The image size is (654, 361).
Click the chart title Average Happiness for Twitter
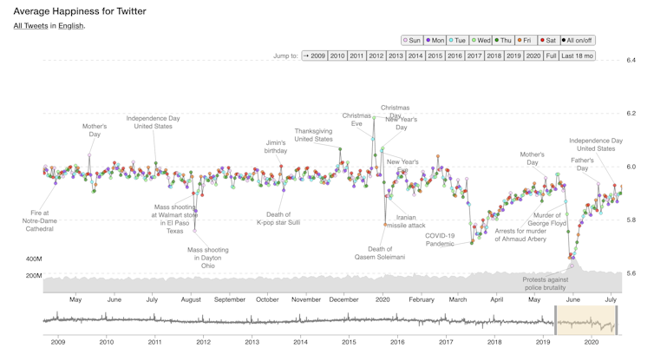pos(80,11)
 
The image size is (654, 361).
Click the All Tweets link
pos(30,26)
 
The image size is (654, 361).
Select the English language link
pos(70,26)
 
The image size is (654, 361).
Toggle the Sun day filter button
pos(412,40)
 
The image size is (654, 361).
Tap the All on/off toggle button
pos(579,40)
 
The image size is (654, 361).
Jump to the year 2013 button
pos(396,56)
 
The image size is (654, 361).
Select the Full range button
pos(551,56)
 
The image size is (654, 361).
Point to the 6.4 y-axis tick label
pos(631,60)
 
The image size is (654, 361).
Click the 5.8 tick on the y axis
pos(631,220)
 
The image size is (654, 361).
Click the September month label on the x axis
pos(229,299)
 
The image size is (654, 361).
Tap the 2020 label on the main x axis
pos(382,299)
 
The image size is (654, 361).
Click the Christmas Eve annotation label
pos(356,120)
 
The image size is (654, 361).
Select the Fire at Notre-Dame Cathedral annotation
pos(40,220)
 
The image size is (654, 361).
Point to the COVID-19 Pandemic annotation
pos(440,240)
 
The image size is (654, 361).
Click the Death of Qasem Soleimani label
pos(380,253)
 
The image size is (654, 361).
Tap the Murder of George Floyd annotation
pos(548,219)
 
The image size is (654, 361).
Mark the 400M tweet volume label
pos(34,259)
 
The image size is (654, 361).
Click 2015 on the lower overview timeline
pos(349,342)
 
